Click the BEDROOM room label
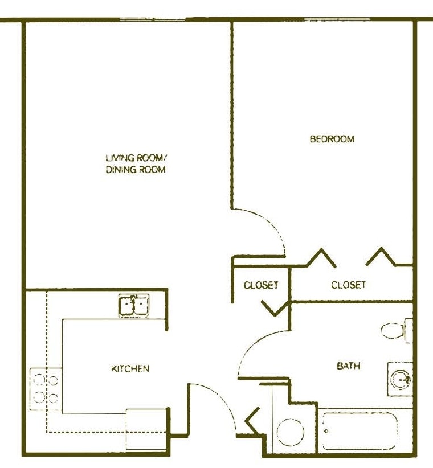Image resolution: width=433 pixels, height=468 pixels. pos(332,139)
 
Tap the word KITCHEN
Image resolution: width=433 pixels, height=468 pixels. pos(130,369)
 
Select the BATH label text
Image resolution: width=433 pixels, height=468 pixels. pos(348,366)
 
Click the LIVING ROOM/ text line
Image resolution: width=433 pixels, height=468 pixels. pos(135,158)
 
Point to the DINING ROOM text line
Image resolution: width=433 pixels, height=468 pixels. pos(135,170)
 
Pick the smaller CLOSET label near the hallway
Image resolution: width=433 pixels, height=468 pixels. pos(261,285)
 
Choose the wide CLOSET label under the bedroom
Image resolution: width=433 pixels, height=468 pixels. pos(348,285)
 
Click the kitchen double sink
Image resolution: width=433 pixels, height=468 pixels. pos(134,306)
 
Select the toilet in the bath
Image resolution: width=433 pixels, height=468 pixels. pos(396,330)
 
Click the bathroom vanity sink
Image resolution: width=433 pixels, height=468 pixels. pos(401,379)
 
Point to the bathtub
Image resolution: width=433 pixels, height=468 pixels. pos(360,431)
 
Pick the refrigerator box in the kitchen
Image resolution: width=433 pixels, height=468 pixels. pos(146,430)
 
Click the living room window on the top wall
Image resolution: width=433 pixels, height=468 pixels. pos(153,20)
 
